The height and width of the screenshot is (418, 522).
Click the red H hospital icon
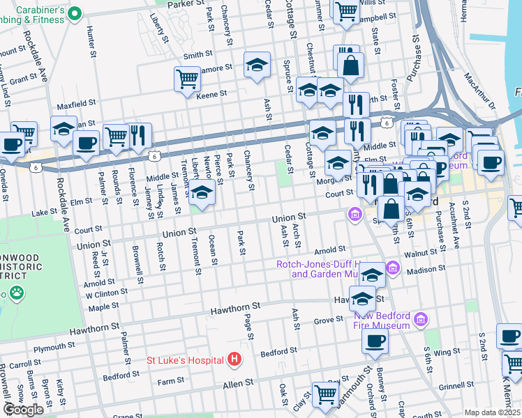click(x=234, y=359)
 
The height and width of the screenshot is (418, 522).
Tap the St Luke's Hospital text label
click(x=186, y=360)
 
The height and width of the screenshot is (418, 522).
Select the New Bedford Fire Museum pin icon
click(x=420, y=319)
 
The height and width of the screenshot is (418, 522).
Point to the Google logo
click(x=23, y=410)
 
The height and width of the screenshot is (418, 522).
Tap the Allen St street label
click(x=240, y=384)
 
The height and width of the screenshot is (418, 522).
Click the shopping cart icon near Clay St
click(x=325, y=394)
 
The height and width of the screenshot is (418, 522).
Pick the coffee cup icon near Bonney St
click(x=375, y=341)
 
